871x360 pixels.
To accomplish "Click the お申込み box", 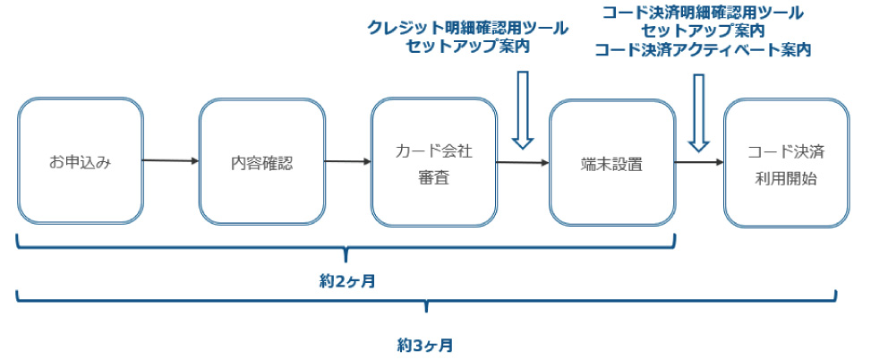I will (80, 162).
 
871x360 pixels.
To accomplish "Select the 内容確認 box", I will (261, 162).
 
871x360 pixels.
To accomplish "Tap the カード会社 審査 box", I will (433, 162).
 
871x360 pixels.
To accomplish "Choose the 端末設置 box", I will (611, 162).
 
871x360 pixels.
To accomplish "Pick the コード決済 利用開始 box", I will (786, 162).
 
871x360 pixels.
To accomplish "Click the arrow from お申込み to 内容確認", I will (170, 161).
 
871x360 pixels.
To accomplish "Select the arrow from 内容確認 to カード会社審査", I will (347, 162).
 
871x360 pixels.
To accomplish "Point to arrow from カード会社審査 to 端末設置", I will (522, 163).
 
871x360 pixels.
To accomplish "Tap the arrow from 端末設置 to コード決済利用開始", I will (698, 162).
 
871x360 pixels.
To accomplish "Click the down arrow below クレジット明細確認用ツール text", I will (523, 109).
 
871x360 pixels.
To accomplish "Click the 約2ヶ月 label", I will (346, 281).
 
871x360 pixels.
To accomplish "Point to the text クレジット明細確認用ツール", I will (467, 28).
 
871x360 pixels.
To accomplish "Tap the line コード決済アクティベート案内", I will (703, 50).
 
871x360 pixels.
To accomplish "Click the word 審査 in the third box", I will (433, 177).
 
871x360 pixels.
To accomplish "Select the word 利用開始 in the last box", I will (786, 177).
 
